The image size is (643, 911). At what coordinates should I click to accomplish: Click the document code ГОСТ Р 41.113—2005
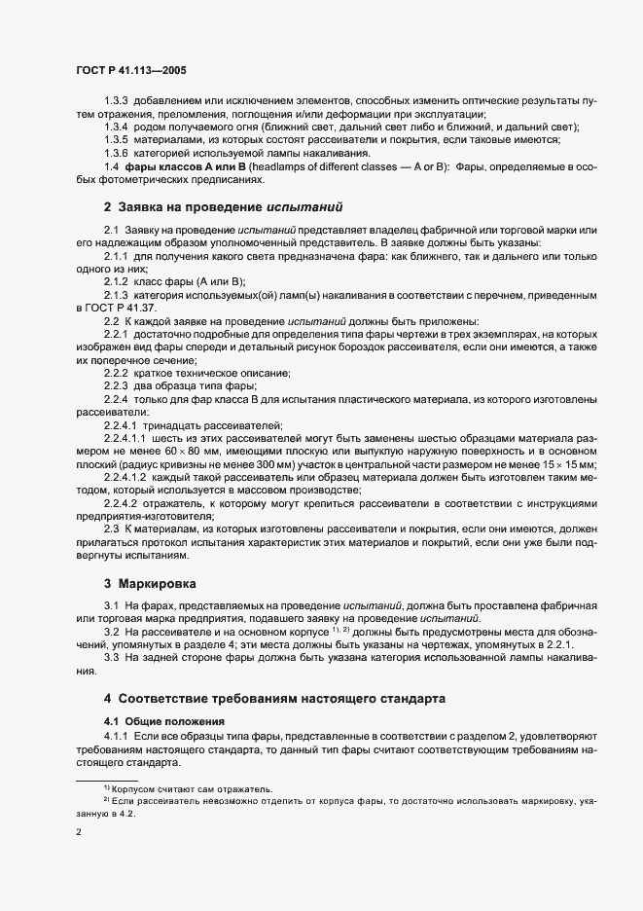click(x=131, y=70)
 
